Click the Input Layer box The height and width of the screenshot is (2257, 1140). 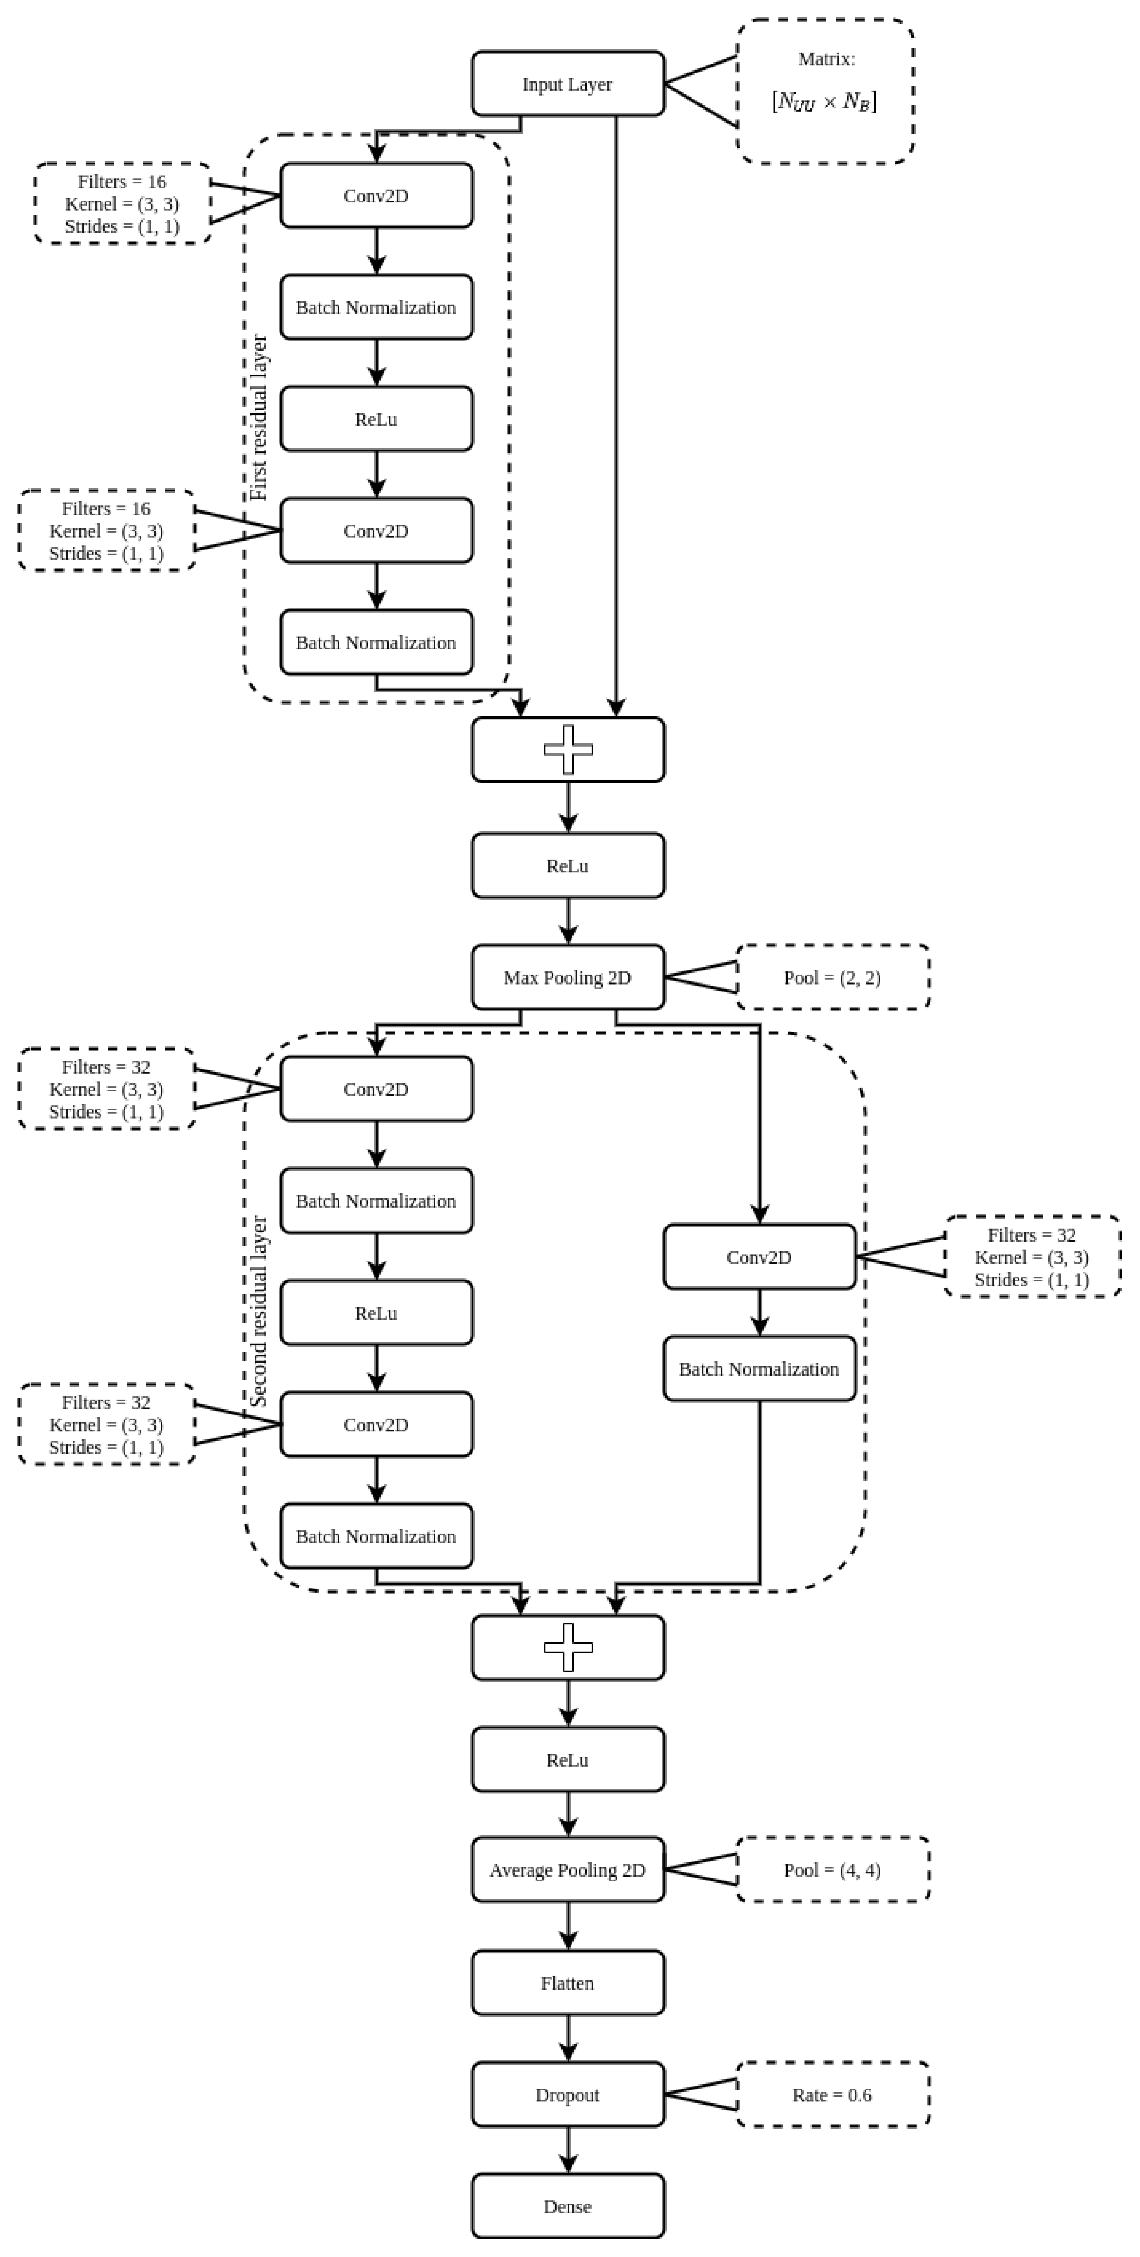568,84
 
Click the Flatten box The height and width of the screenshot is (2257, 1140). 568,1983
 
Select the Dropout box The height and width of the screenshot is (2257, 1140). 568,2095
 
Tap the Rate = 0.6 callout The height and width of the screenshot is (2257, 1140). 832,2095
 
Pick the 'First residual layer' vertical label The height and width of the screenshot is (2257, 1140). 258,418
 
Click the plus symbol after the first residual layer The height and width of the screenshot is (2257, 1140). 568,750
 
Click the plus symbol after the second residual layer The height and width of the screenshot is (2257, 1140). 568,1647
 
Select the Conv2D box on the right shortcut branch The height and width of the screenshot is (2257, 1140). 759,1257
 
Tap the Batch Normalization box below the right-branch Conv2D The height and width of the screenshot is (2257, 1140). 759,1369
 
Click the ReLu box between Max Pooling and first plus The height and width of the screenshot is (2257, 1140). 568,866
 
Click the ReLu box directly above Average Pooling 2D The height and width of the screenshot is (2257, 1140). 568,1759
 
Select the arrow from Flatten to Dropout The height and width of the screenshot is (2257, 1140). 568,2039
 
